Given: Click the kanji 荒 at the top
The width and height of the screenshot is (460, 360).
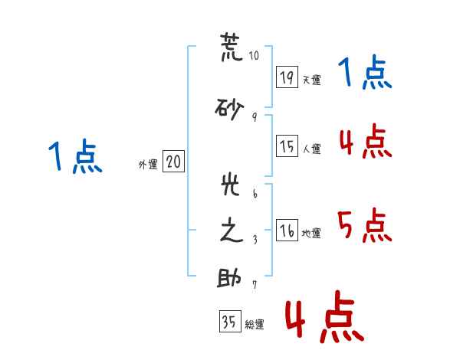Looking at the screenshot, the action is pos(232,47).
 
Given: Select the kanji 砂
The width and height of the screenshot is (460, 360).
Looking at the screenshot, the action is pos(229,109).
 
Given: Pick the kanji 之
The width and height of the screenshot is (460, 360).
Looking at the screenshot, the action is pos(232,230).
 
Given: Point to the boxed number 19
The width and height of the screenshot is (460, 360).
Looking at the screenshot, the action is pos(287,77).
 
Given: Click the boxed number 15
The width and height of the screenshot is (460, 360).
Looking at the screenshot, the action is pos(287,146).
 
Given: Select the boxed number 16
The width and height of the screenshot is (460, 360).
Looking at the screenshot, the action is pos(287,230).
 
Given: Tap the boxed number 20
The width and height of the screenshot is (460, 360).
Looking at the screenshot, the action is pos(173,161).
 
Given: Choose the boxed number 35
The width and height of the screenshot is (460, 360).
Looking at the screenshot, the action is pos(230,321).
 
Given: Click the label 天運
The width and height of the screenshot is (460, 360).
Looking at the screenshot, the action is pos(312,80).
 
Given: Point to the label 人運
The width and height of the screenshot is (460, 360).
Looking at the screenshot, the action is pos(312,149).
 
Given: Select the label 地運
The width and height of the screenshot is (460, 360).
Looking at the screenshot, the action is pos(311,233).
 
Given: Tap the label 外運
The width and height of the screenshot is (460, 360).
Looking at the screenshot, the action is pos(148,165).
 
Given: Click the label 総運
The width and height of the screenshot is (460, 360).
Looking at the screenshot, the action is pos(255,324).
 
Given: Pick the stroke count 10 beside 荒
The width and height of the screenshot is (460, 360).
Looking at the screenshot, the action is pos(254,55).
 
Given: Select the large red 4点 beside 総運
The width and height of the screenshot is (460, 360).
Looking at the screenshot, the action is pos(325,316).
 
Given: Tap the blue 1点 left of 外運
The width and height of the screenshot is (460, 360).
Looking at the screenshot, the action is pos(75,156).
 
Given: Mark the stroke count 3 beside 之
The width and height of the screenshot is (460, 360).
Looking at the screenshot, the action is pos(255,240).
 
